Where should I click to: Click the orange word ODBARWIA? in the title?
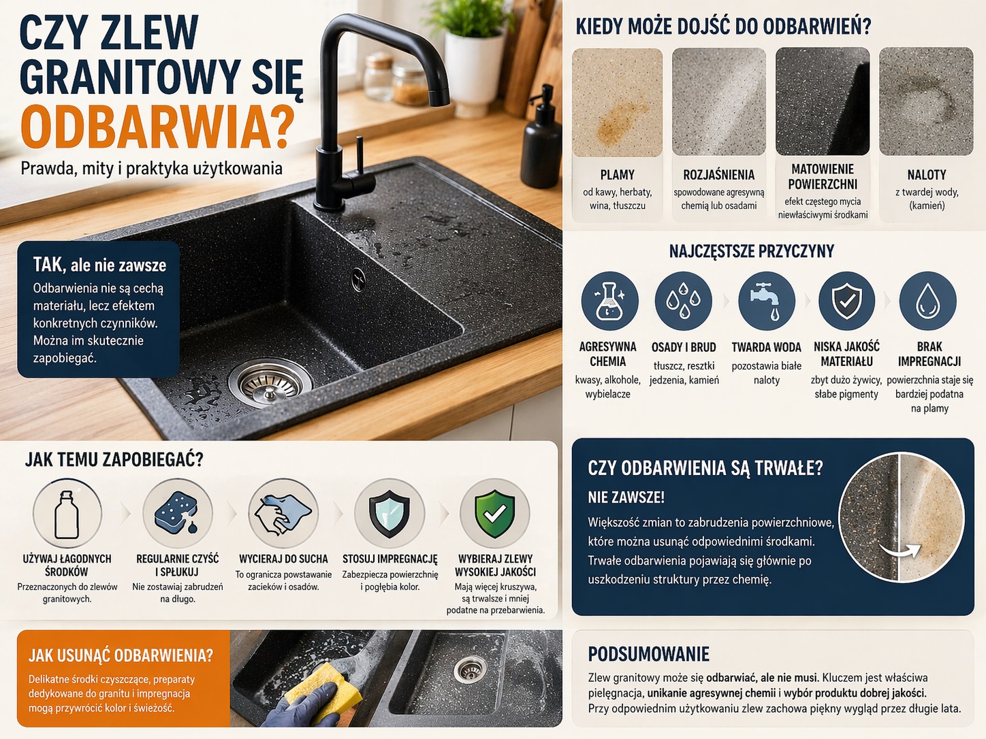tap(157, 127)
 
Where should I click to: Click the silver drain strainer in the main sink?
tap(270, 384)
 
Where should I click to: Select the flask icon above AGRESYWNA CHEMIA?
tap(609, 301)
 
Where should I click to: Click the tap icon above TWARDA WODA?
tap(765, 301)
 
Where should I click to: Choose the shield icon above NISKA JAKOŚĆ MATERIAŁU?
tap(846, 301)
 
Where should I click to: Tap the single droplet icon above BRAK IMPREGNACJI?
tap(927, 301)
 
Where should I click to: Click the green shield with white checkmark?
tap(494, 514)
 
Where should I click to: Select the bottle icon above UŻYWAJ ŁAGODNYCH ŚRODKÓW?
tap(67, 514)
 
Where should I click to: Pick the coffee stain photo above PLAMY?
tap(617, 102)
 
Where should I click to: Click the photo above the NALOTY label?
tap(926, 101)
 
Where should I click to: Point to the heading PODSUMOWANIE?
tap(649, 654)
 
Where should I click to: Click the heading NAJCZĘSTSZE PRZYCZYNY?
tap(752, 251)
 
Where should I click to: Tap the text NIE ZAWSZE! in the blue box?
tap(626, 497)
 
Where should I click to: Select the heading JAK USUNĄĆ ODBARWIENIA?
tap(121, 655)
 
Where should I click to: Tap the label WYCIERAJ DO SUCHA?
tap(283, 559)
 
